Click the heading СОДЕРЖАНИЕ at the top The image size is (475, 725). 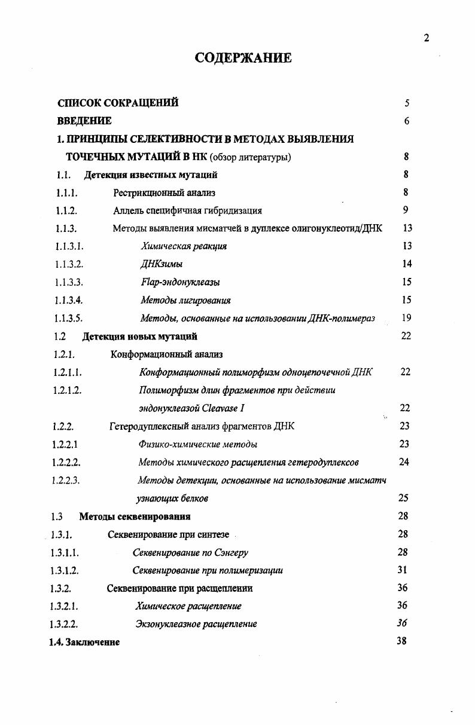(x=243, y=58)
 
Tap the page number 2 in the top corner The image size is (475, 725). (x=426, y=38)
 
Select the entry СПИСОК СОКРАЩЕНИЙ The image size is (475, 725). (x=118, y=103)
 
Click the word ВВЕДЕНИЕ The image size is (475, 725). (x=84, y=121)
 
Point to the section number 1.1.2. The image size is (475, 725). (x=66, y=210)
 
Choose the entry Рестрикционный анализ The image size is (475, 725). (x=164, y=192)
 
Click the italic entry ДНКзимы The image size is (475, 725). (x=162, y=264)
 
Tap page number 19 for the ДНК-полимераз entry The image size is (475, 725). (x=406, y=318)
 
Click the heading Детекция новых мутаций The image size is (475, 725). (x=139, y=337)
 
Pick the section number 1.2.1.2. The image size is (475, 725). (x=66, y=390)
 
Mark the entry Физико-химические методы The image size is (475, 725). (x=197, y=444)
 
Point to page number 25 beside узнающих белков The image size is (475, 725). (x=403, y=497)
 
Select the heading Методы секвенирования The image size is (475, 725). (x=135, y=516)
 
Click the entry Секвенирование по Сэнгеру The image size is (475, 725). (x=190, y=552)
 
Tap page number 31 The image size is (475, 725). (x=402, y=570)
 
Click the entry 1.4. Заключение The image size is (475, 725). (x=84, y=642)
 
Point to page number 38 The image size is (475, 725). (x=402, y=641)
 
